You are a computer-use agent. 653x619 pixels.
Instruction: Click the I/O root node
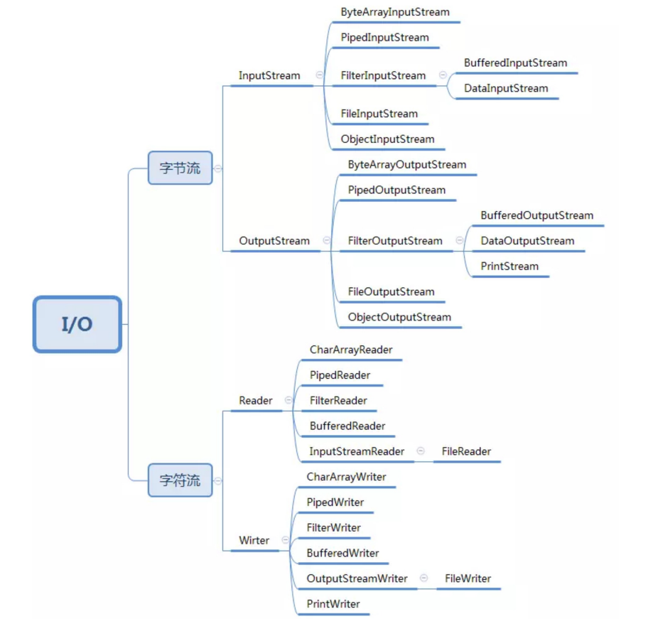[x=77, y=325]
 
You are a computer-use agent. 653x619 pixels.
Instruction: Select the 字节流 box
[x=180, y=168]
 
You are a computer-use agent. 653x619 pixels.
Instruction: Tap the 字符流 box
[x=180, y=480]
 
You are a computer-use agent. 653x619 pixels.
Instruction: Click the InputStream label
[x=269, y=75]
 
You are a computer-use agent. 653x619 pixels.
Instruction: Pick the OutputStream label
[x=274, y=241]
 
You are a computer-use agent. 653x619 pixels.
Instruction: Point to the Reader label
[x=256, y=401]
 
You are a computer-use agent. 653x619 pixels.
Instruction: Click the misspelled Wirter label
[x=254, y=541]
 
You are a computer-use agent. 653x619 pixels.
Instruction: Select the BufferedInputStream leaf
[x=515, y=63]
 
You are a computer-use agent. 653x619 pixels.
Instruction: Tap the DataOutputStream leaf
[x=527, y=241]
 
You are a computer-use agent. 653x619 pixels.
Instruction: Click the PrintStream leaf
[x=509, y=267]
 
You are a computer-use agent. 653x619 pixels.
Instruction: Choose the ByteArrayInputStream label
[x=395, y=12]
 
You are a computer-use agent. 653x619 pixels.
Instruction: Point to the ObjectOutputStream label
[x=399, y=317]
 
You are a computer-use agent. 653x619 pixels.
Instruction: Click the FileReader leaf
[x=466, y=451]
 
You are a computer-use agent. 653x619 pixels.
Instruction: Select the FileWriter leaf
[x=468, y=578]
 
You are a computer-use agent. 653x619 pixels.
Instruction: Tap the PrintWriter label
[x=333, y=604]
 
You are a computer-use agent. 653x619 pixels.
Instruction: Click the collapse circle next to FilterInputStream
[x=443, y=75]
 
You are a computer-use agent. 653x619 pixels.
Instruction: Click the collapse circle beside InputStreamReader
[x=421, y=451]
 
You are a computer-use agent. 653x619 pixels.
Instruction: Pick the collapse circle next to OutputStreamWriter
[x=423, y=578]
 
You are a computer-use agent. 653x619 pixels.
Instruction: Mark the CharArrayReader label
[x=351, y=350]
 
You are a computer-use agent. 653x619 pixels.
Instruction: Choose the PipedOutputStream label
[x=396, y=190]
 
